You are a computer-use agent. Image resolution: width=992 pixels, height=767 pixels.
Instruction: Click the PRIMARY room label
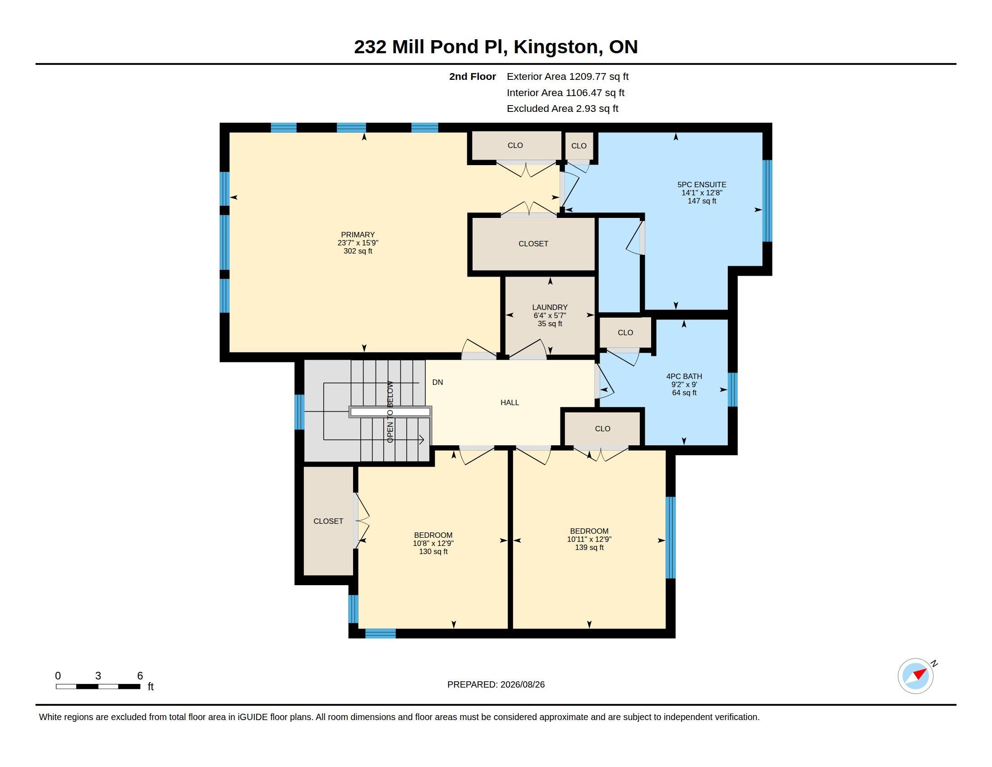click(358, 235)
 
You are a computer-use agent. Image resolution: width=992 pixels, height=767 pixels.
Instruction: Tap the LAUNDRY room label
click(550, 307)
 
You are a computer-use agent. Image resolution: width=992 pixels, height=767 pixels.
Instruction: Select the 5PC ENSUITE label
click(702, 185)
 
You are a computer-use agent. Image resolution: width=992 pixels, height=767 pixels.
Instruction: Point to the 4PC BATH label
click(684, 376)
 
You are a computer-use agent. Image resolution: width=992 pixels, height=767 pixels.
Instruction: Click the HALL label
click(510, 402)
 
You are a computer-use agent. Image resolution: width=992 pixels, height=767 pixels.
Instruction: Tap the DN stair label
click(437, 383)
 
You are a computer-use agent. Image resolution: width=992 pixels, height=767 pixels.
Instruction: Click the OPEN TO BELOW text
click(390, 411)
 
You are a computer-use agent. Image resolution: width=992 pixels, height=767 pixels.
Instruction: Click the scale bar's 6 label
click(140, 676)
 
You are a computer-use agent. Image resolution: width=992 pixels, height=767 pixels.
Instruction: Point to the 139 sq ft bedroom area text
click(589, 548)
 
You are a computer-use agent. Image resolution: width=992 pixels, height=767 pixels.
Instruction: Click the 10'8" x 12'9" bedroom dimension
click(433, 544)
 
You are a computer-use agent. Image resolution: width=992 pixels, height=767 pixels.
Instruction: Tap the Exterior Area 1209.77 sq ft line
click(568, 77)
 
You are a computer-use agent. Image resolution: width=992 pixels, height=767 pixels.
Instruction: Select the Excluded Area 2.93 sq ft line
click(563, 109)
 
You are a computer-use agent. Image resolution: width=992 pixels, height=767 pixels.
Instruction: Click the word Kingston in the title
click(556, 47)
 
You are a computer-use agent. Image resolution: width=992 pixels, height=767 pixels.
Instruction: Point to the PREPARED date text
click(496, 684)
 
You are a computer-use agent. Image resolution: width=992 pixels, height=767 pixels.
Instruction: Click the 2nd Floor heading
click(473, 77)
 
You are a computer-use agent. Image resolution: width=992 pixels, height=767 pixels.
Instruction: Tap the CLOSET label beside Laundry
click(533, 244)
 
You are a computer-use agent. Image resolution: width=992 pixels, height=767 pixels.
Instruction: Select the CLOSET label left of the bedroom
click(328, 521)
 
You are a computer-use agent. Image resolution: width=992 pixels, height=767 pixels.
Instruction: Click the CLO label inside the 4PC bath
click(625, 333)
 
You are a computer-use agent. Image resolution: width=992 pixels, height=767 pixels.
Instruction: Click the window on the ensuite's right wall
click(767, 201)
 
